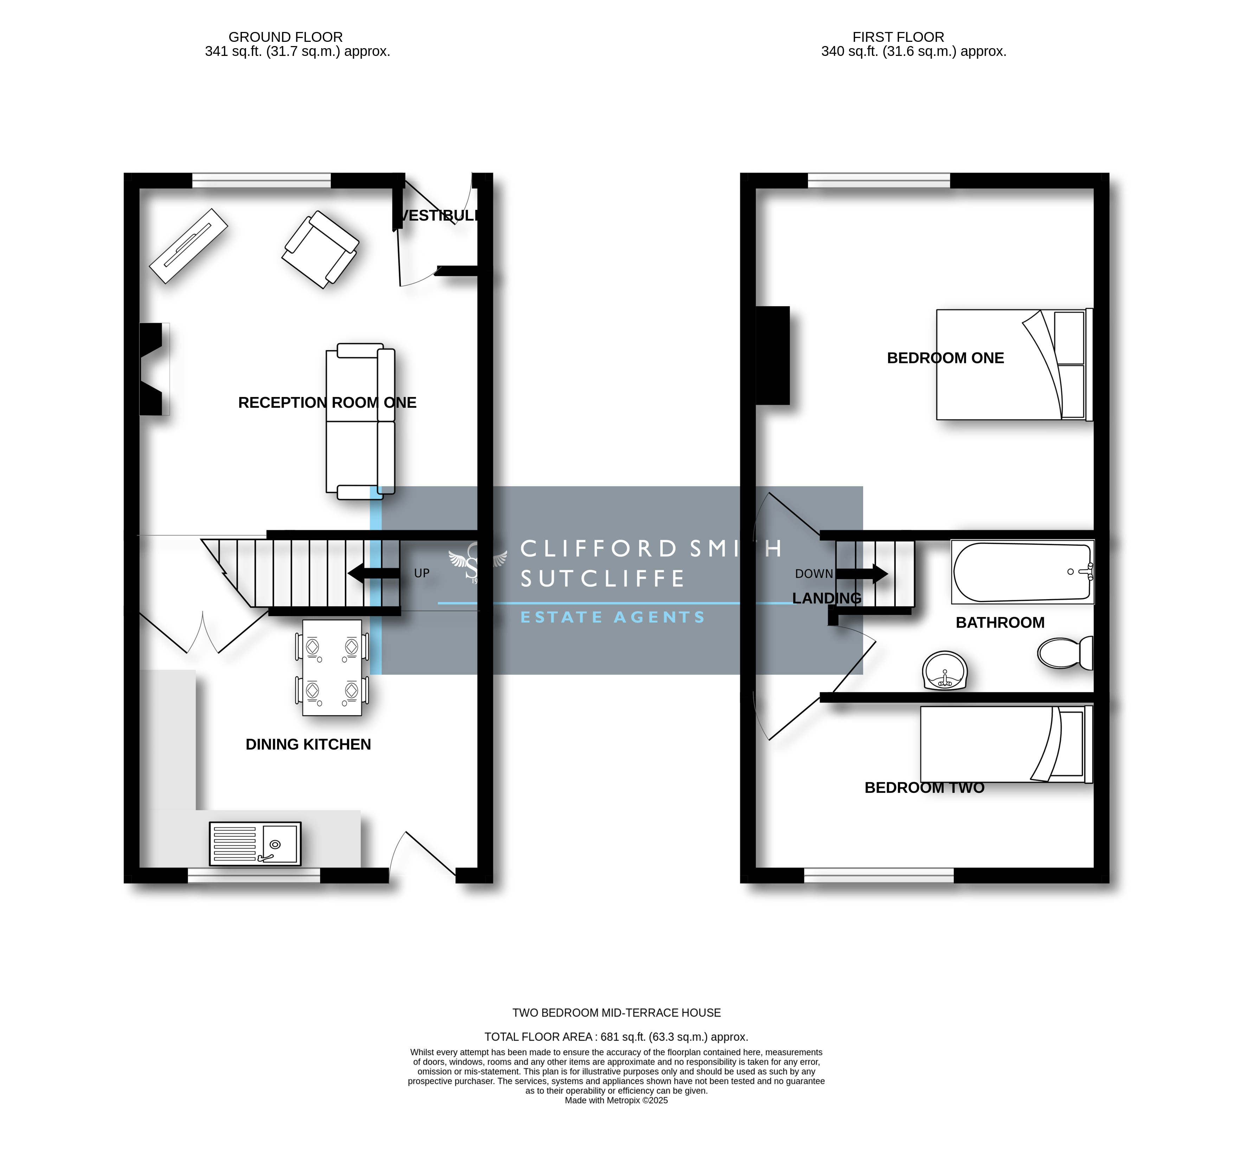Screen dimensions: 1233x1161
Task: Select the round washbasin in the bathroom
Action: click(945, 671)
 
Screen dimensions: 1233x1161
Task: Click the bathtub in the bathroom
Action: click(1023, 572)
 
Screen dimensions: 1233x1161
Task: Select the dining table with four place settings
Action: click(332, 667)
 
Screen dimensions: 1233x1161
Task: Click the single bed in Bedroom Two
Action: click(1006, 744)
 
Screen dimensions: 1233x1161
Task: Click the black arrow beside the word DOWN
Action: click(861, 574)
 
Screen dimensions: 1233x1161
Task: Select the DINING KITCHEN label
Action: click(308, 744)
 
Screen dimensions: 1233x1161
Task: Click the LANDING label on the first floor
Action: click(827, 598)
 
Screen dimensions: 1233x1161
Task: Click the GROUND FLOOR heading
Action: click(285, 37)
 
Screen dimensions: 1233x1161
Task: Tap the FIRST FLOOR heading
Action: click(898, 37)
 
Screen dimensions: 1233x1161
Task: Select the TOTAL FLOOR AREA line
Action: click(616, 1037)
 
